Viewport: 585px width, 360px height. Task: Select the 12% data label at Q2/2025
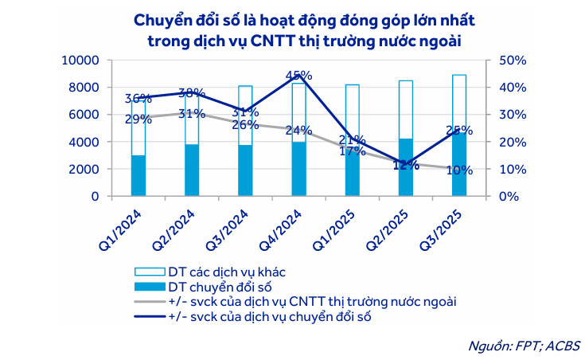coord(405,166)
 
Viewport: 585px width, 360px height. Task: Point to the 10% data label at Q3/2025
coord(459,170)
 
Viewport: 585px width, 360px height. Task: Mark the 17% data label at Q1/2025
coord(352,150)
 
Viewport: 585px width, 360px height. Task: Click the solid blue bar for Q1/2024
coord(138,175)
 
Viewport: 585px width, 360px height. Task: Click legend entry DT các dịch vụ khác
coord(227,272)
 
